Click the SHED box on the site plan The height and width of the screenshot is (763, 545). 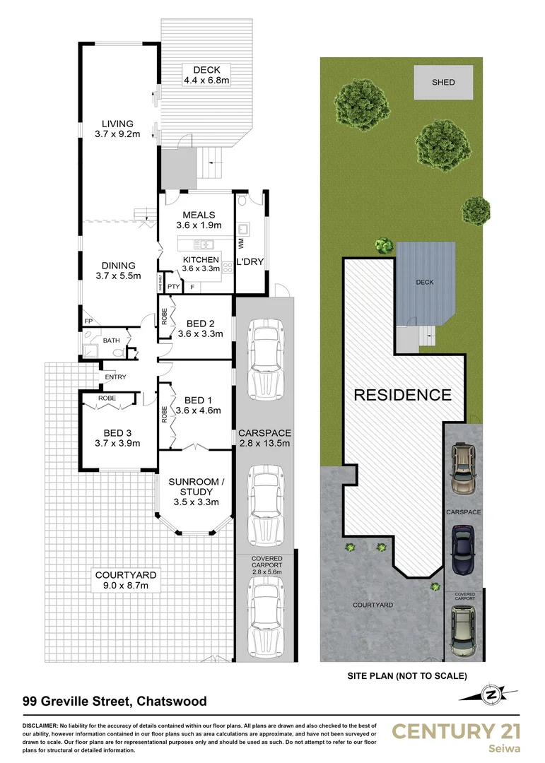coord(443,83)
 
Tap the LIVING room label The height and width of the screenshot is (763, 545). coord(117,129)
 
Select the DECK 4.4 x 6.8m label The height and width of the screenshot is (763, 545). coord(206,75)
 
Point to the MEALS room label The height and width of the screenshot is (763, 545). coord(199,220)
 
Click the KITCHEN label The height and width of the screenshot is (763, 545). coord(200,264)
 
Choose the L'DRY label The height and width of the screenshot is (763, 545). coord(250,262)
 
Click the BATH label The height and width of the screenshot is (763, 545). coord(112,340)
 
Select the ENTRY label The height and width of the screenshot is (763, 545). coord(115,377)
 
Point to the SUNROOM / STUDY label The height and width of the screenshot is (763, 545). coord(196,492)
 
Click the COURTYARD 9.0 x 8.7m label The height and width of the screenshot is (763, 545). coord(126,581)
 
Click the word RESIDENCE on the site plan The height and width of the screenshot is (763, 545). coord(402,395)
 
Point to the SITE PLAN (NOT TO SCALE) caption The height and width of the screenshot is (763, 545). coord(406,675)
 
